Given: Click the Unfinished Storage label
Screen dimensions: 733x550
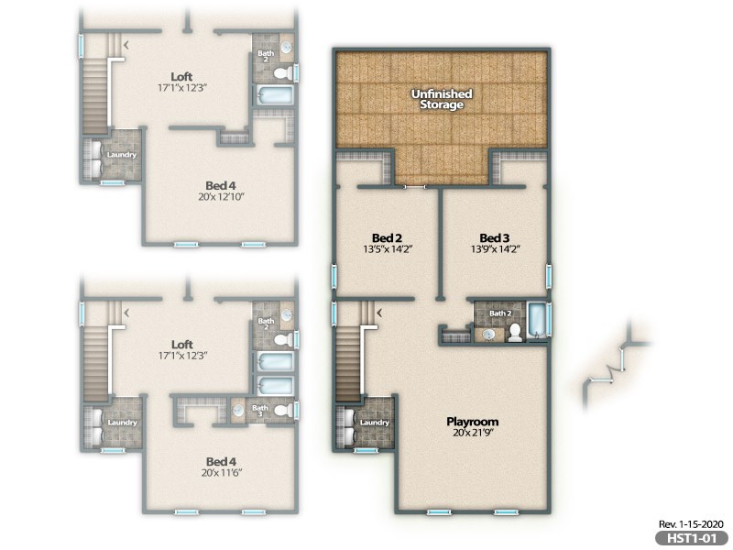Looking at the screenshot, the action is click(x=442, y=99).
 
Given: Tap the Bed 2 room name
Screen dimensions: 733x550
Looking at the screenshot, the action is click(x=387, y=238).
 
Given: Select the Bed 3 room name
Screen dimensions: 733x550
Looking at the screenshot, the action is click(x=495, y=238).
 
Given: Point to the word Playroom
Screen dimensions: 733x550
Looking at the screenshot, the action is click(x=472, y=422).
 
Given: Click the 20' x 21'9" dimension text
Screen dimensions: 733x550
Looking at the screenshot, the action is click(x=473, y=433).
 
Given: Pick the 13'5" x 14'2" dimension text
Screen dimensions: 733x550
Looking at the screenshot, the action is click(x=388, y=249).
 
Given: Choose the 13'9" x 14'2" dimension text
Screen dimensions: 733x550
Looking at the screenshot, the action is click(x=496, y=249).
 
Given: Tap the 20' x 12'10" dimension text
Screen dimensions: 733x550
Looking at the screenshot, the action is click(x=222, y=196).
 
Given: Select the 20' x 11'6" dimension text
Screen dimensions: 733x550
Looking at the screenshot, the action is click(x=222, y=473).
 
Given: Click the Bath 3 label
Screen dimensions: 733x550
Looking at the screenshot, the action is click(x=260, y=411).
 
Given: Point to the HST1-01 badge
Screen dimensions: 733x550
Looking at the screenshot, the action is click(x=692, y=538).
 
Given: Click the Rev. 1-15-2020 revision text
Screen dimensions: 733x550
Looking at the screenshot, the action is click(x=691, y=524).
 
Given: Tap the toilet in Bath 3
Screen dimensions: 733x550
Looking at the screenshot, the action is click(x=283, y=411).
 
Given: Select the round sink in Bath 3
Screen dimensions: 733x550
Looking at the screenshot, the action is click(x=239, y=411).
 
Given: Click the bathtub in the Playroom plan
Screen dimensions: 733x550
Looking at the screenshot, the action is click(x=536, y=321).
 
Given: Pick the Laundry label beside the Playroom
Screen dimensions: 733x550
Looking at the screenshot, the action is click(x=375, y=423).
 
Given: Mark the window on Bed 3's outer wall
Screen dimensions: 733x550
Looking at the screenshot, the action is click(x=549, y=276).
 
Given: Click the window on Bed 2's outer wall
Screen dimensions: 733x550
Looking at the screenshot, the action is click(x=334, y=276).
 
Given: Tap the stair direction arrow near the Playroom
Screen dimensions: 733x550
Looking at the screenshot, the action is click(x=379, y=313).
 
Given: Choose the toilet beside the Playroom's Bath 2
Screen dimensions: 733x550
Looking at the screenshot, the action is click(x=515, y=332).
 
